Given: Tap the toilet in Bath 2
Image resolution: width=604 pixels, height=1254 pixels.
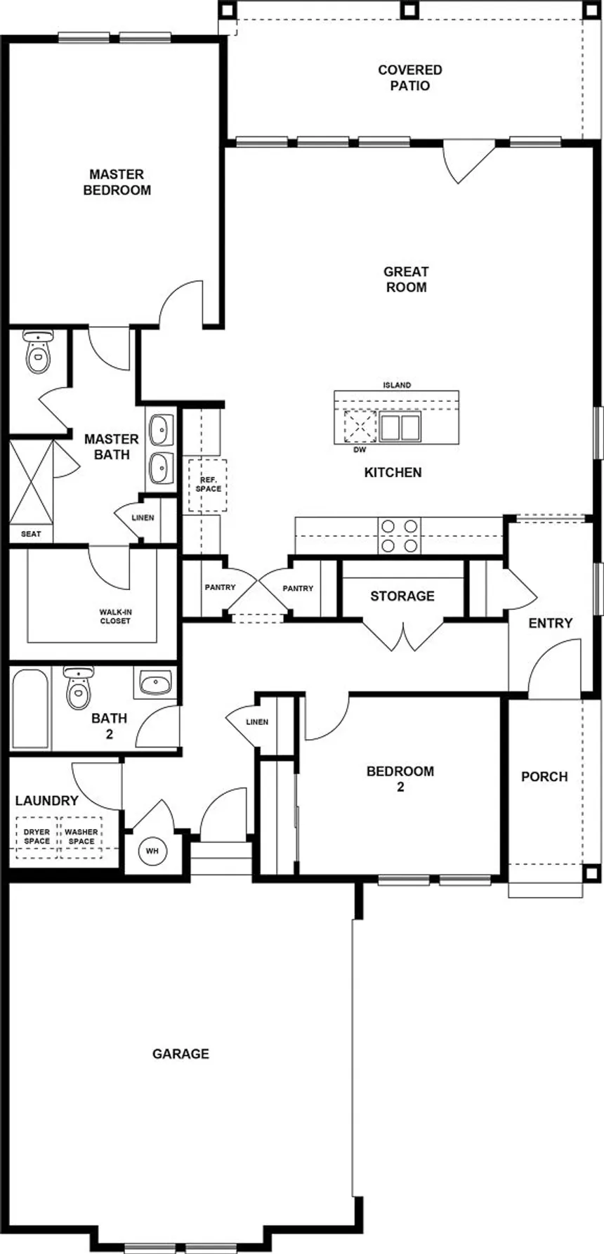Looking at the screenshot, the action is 78,688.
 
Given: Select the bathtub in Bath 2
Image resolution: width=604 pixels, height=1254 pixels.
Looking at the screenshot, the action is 30,708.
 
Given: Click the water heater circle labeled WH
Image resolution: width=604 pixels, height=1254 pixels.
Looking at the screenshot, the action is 152,851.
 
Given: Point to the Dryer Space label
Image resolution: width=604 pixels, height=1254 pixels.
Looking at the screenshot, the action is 37,836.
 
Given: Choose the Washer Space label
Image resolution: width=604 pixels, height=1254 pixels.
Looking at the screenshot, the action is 81,836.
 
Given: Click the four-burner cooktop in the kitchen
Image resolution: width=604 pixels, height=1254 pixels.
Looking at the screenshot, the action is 399,536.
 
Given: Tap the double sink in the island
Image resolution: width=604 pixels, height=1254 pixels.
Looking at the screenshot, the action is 400,426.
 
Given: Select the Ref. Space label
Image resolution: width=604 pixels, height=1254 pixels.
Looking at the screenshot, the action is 209,484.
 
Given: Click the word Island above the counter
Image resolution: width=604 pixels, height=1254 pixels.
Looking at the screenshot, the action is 397,385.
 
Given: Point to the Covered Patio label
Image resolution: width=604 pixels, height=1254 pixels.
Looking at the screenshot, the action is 410,78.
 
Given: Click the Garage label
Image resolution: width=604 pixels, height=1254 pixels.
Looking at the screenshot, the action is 180,1054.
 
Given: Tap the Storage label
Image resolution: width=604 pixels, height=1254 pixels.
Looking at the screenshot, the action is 402,596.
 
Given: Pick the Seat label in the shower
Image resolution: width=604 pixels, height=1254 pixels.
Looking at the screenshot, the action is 31,534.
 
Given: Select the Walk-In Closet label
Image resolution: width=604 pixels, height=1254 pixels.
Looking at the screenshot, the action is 115,617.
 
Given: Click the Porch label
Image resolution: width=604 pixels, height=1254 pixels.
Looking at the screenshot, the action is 544,776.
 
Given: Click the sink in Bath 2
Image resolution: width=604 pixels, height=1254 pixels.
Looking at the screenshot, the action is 155,682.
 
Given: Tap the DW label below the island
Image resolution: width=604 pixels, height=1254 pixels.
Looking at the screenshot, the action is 360,449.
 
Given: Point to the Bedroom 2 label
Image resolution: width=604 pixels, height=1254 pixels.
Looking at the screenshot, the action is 400,778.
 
